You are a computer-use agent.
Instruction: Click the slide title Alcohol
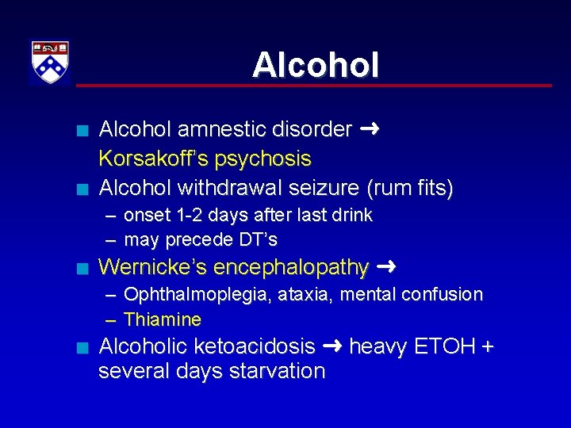pos(316,65)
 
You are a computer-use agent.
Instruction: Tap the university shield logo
pos(50,62)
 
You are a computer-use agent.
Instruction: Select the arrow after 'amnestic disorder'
pos(369,129)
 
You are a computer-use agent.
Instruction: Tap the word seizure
pos(320,188)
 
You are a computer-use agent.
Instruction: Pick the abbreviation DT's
pos(256,239)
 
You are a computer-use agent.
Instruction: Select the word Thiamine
pos(163,319)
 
